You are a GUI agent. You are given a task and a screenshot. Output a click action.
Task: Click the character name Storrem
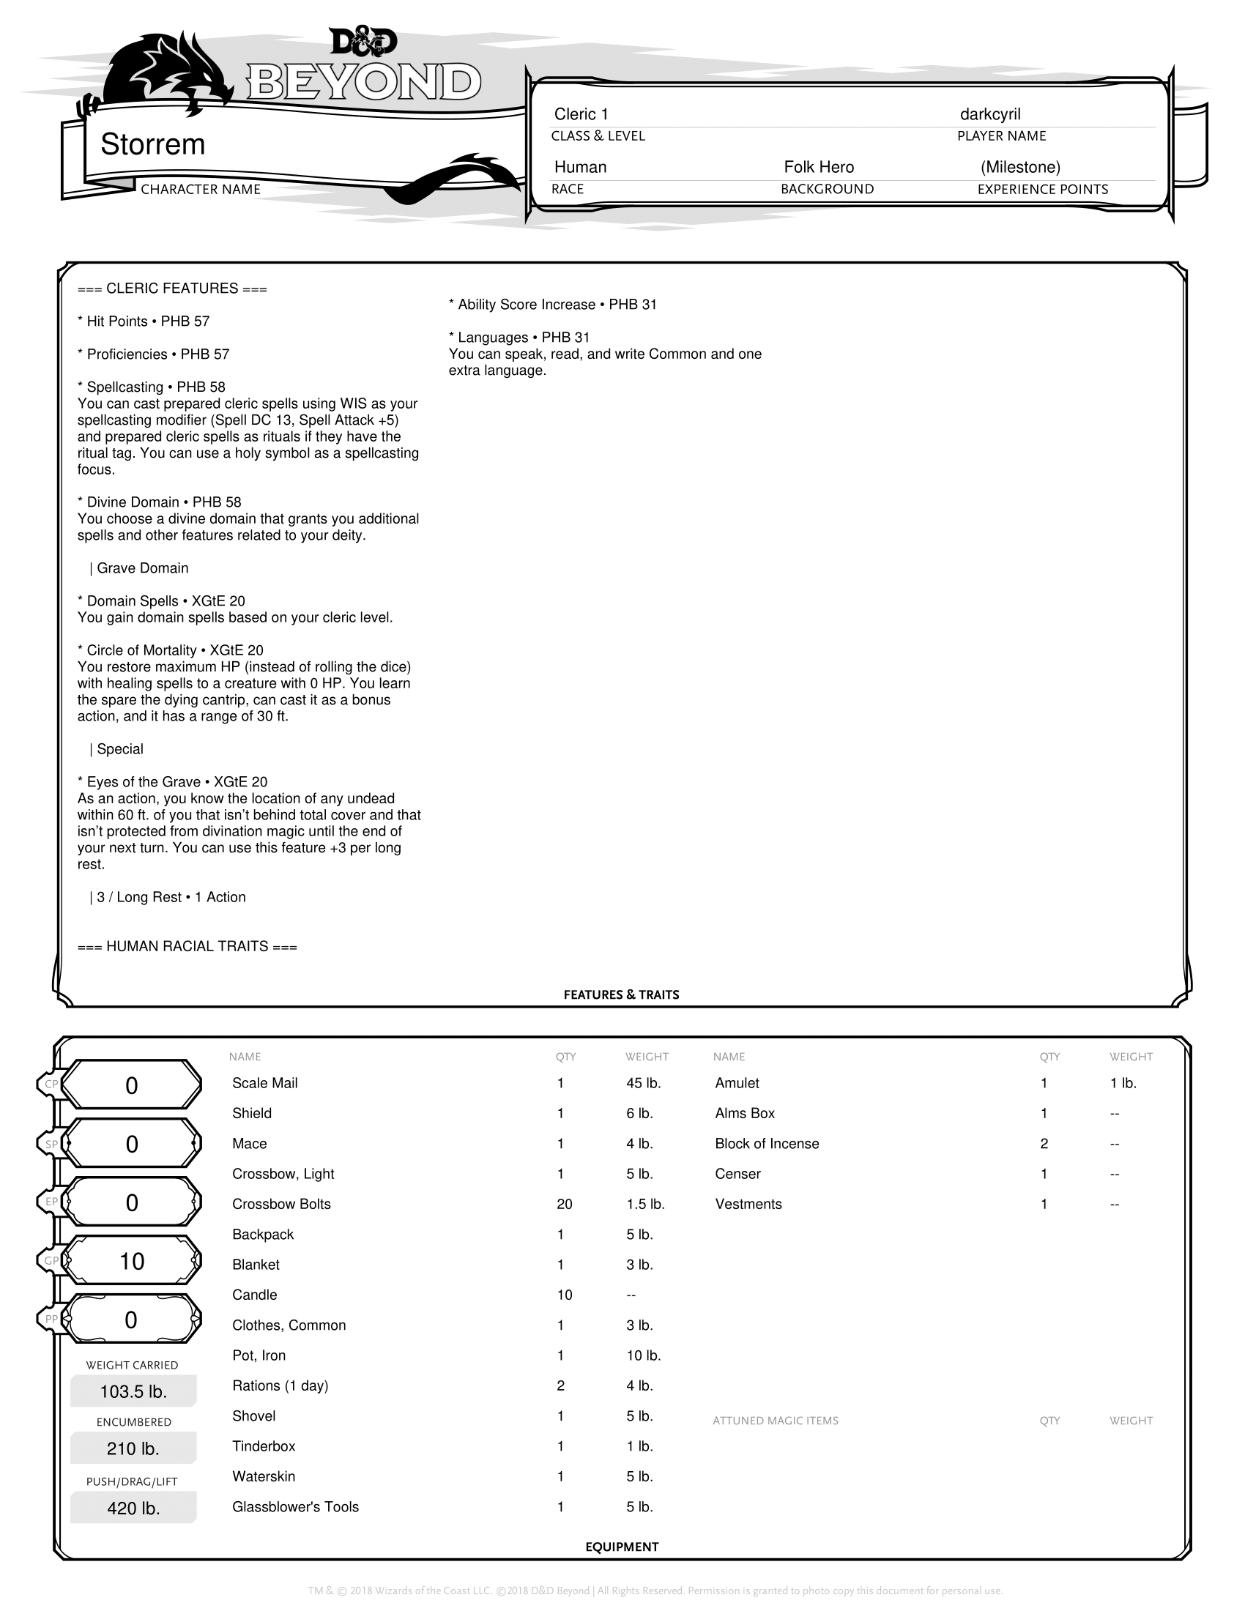152,144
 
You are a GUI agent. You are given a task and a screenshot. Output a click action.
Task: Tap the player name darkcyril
990,114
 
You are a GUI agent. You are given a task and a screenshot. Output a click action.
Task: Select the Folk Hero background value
819,168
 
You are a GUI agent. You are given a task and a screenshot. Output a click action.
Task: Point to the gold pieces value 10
132,1262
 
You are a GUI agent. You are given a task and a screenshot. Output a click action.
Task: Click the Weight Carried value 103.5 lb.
133,1392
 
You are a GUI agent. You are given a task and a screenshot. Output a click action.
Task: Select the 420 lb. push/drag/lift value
133,1508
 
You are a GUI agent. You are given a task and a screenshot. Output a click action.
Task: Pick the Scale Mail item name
265,1083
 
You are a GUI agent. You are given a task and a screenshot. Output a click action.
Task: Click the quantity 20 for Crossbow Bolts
564,1204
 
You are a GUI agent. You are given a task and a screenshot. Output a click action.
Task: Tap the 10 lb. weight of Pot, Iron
643,1355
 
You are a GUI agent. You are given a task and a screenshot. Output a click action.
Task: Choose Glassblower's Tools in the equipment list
295,1506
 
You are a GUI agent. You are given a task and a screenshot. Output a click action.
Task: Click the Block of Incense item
766,1143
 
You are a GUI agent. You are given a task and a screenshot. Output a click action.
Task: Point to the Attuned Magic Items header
775,1421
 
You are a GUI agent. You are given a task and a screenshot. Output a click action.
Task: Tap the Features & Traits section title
621,994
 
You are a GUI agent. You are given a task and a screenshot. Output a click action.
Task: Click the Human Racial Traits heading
187,946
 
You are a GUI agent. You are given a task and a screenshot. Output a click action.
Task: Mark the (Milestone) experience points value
1020,168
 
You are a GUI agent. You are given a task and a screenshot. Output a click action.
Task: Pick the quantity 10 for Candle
564,1295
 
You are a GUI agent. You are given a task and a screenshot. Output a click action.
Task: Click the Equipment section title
622,1547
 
